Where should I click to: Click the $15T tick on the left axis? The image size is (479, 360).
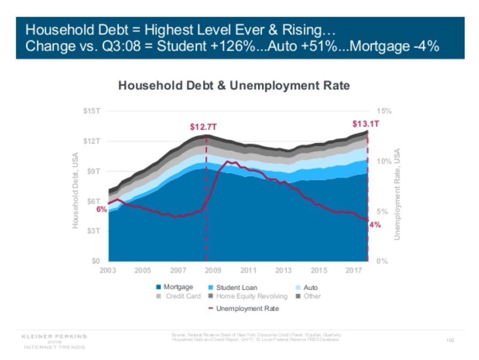pyautogui.click(x=92, y=111)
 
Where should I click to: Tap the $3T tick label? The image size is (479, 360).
pyautogui.click(x=94, y=231)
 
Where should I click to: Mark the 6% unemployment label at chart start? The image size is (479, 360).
pyautogui.click(x=101, y=209)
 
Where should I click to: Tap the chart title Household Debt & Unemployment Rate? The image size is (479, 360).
pyautogui.click(x=234, y=86)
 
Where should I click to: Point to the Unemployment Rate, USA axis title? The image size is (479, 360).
pyautogui.click(x=397, y=194)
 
